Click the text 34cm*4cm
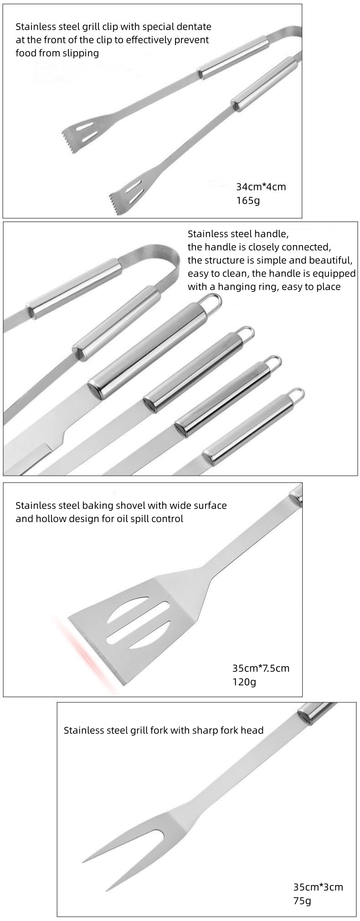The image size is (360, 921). pos(261,186)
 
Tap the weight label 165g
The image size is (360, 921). pos(247,200)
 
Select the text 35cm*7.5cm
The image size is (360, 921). pos(261,668)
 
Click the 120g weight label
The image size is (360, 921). pos(244,682)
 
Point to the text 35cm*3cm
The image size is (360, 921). pos(318,887)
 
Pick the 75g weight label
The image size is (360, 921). pos(302,901)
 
